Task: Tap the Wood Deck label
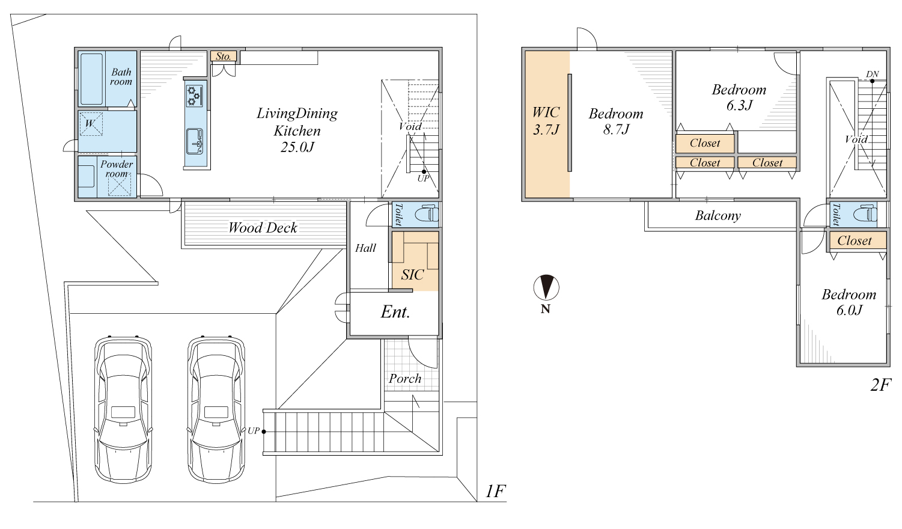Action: pyautogui.click(x=263, y=228)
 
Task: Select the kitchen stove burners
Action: pyautogui.click(x=195, y=96)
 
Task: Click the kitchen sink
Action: pyautogui.click(x=195, y=141)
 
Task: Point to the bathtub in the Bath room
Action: pyautogui.click(x=91, y=79)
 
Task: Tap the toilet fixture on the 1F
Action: pyautogui.click(x=427, y=213)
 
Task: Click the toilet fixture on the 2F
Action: pyautogui.click(x=865, y=214)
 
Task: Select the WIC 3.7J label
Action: pyautogui.click(x=546, y=120)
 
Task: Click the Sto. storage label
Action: pyautogui.click(x=224, y=56)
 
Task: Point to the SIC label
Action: pyautogui.click(x=412, y=275)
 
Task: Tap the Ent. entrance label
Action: pyautogui.click(x=395, y=312)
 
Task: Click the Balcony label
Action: pyautogui.click(x=718, y=216)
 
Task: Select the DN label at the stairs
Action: pyautogui.click(x=872, y=74)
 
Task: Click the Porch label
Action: pyautogui.click(x=405, y=379)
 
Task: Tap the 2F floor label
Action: pyautogui.click(x=880, y=385)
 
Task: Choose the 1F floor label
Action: pyautogui.click(x=495, y=491)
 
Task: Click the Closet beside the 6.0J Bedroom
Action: pyautogui.click(x=855, y=241)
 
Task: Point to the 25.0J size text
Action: pyautogui.click(x=297, y=147)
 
